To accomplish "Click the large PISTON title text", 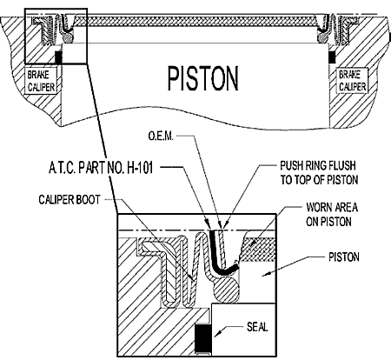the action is (x=203, y=78).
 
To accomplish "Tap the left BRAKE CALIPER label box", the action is (x=43, y=81).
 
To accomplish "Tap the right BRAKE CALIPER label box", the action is (x=352, y=81).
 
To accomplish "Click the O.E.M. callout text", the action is (x=161, y=136).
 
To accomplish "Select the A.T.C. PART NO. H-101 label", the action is (x=101, y=168).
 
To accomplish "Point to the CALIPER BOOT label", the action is (x=70, y=200).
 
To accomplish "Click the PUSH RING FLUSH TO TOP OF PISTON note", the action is (x=319, y=173).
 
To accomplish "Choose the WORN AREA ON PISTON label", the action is (x=332, y=215).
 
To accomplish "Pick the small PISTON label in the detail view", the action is (x=344, y=257).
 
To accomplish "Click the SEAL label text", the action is (x=257, y=327).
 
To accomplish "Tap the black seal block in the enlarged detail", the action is (x=203, y=337).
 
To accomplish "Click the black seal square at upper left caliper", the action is (x=58, y=57).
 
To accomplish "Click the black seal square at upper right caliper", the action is (x=332, y=57).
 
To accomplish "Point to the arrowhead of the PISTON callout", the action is (x=267, y=273).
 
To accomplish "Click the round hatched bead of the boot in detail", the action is (x=227, y=289).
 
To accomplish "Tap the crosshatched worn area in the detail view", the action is (x=257, y=250).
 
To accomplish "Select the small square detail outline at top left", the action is (x=56, y=36).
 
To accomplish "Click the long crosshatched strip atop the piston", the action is (x=195, y=21).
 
